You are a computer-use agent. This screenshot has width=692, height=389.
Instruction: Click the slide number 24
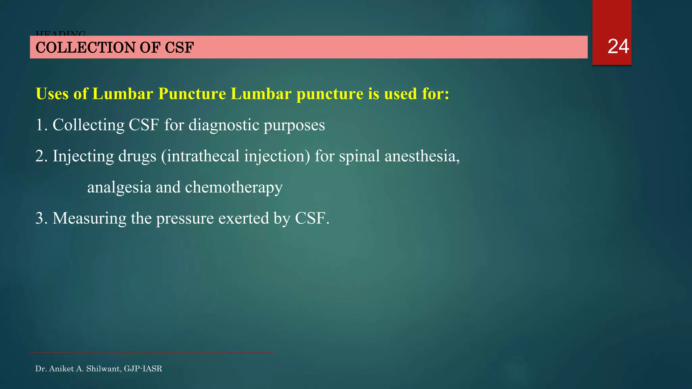point(618,47)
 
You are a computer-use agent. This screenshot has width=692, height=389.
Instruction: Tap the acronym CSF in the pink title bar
point(179,48)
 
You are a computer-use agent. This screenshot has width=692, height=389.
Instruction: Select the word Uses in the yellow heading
point(52,94)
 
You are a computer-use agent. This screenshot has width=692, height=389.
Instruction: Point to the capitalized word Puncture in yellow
point(192,94)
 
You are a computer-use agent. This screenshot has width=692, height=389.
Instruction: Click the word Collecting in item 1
point(89,125)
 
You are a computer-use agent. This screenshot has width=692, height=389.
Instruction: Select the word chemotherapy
point(234,187)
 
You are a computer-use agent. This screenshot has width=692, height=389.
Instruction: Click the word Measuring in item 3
point(89,218)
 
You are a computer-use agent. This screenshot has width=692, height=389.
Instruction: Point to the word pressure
point(185,218)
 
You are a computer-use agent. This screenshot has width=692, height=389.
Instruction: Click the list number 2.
point(40,156)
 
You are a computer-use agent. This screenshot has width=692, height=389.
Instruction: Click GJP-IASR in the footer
point(143,369)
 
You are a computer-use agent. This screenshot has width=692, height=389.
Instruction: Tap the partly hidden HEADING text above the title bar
point(61,33)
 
